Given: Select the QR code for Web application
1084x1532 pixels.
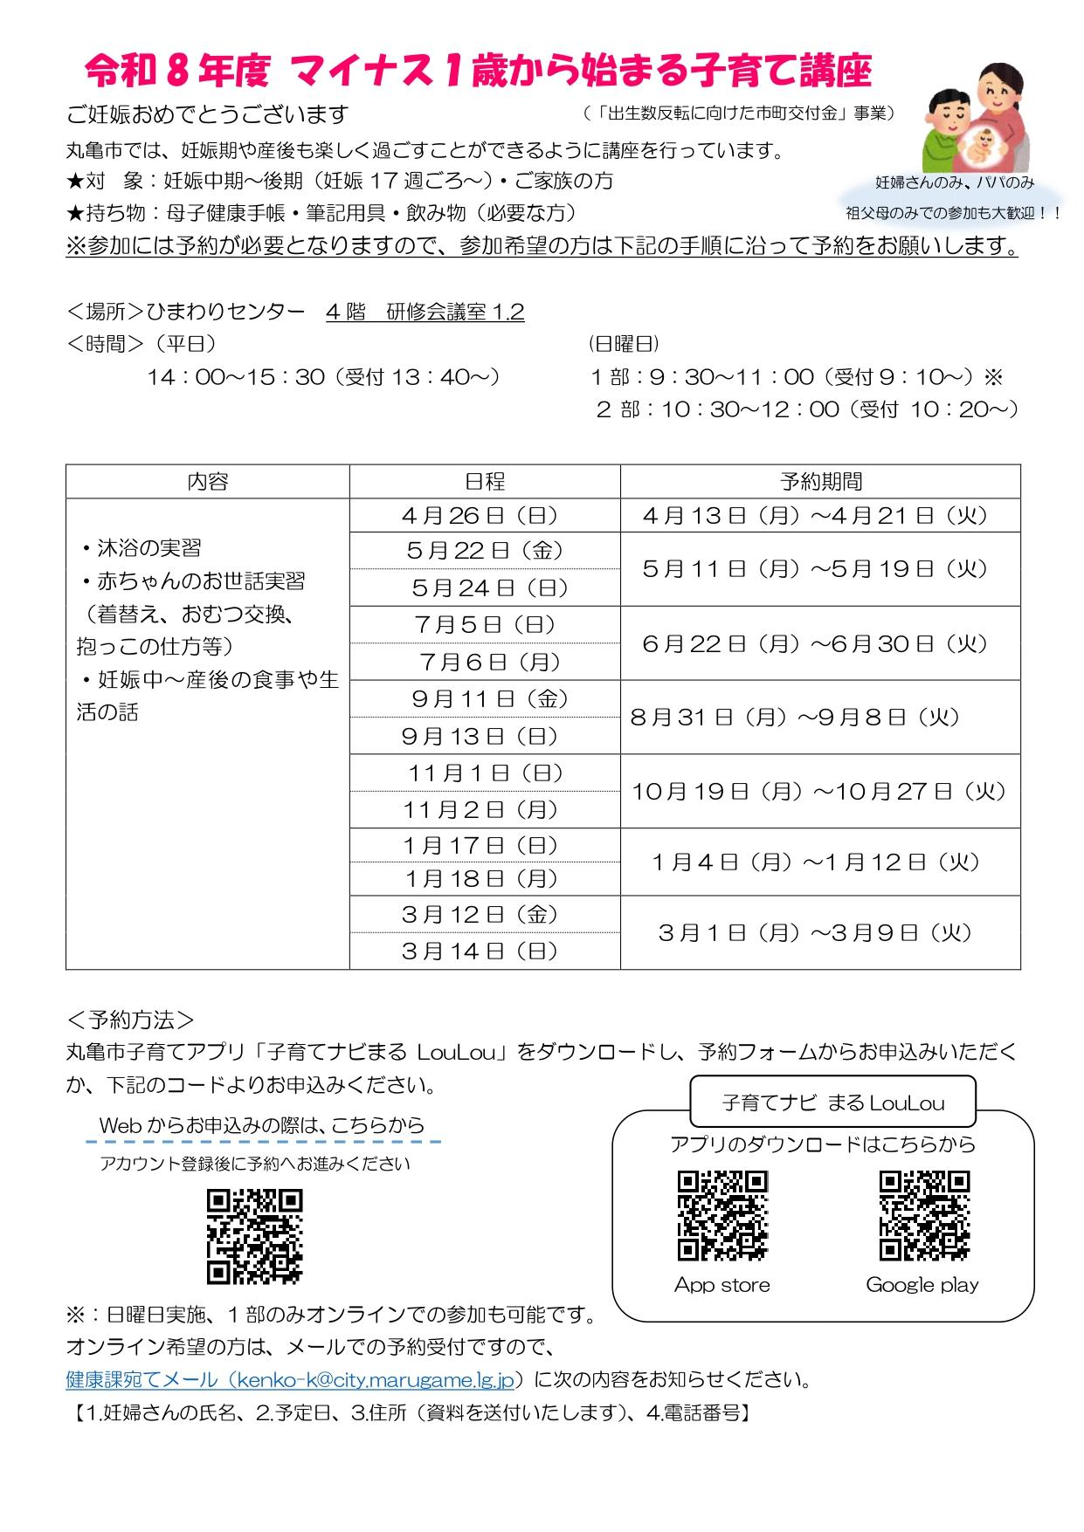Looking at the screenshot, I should click(x=254, y=1235).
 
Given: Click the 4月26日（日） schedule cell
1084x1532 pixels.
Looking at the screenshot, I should click(x=485, y=516).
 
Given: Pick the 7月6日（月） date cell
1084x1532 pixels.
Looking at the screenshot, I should click(x=485, y=663).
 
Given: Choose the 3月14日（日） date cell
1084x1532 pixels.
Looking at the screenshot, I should click(x=485, y=951).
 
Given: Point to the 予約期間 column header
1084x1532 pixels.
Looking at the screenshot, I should click(x=820, y=481).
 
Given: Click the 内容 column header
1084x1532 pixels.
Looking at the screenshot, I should click(x=208, y=481).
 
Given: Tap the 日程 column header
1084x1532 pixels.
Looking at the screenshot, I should click(x=485, y=481).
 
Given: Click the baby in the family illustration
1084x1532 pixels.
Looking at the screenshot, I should click(x=986, y=143).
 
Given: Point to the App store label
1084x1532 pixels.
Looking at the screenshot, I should click(x=722, y=1285).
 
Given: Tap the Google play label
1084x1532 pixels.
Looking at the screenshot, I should click(x=922, y=1285).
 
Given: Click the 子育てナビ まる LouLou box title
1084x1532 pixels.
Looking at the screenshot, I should click(x=833, y=1103).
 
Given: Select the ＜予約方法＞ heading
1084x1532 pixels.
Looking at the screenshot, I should click(x=131, y=1020).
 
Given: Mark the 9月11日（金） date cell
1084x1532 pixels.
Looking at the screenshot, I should click(x=485, y=699).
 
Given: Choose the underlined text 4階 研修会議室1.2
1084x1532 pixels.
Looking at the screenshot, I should click(x=425, y=313).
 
